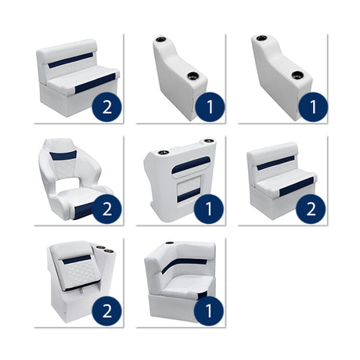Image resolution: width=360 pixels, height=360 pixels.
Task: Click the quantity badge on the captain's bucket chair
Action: coord(107,207)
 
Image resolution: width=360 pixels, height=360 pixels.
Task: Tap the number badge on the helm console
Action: coord(209,207)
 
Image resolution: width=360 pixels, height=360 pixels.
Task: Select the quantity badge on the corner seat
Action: coord(209,310)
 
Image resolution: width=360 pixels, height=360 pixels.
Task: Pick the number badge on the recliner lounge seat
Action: coord(107,310)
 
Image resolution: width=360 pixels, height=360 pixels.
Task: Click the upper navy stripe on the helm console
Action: coord(193,165)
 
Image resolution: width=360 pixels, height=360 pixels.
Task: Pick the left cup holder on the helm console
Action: coord(164,153)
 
